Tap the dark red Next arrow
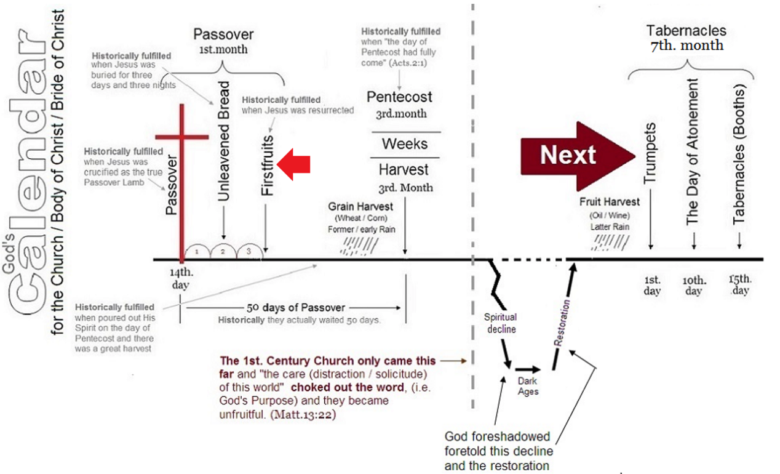click(x=578, y=156)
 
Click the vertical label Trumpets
click(x=650, y=153)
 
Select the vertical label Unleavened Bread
click(x=223, y=141)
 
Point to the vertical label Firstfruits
click(x=267, y=165)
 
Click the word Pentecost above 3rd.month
click(x=399, y=97)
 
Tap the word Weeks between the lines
click(x=405, y=143)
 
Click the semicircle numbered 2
click(x=223, y=245)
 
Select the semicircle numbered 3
click(x=249, y=245)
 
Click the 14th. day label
click(x=181, y=278)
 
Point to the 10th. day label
click(x=694, y=285)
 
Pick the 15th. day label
click(x=740, y=284)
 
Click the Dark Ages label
click(x=528, y=386)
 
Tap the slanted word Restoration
click(x=562, y=323)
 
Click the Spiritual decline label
click(x=501, y=323)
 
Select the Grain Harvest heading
click(x=360, y=206)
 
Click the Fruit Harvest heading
click(x=610, y=201)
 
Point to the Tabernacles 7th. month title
click(x=686, y=38)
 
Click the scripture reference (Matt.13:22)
click(x=303, y=415)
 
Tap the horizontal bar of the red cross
click(x=181, y=137)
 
